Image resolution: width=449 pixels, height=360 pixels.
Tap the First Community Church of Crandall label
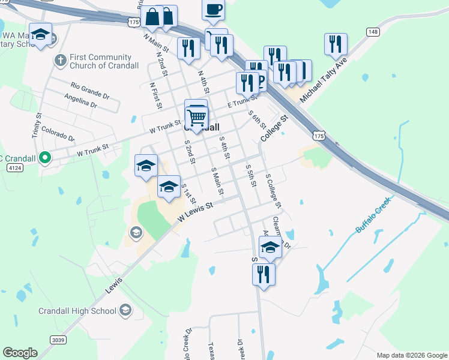point(104,61)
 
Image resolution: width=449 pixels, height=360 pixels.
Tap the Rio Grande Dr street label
point(90,90)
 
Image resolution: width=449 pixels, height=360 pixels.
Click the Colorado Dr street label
point(58,133)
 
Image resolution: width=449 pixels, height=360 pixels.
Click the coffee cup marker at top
point(214,10)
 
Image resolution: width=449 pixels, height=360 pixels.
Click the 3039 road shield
point(58,340)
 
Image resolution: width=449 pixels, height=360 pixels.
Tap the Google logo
point(20,352)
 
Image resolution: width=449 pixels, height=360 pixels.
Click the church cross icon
point(59,60)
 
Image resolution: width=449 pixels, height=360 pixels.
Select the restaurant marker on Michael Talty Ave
point(335,44)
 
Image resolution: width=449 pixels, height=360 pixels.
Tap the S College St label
point(275,193)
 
